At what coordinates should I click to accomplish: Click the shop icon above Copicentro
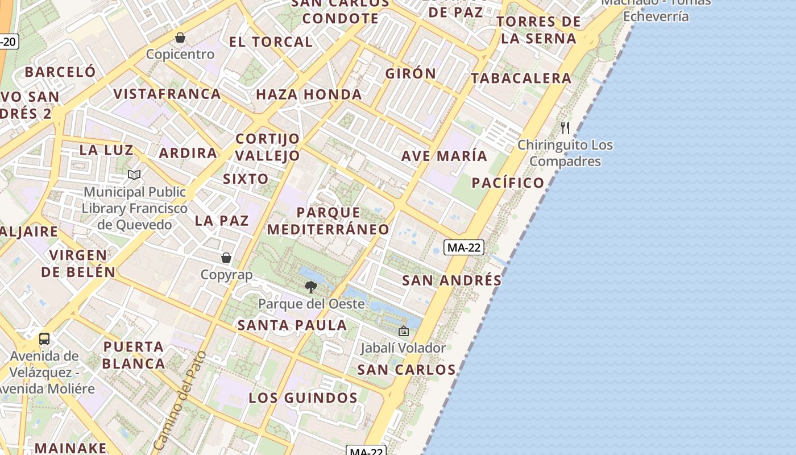pos(180,38)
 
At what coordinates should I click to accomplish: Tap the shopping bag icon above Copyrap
pos(226,258)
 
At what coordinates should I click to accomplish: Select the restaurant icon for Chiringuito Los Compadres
pos(565,127)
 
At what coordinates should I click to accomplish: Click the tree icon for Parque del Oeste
pos(310,287)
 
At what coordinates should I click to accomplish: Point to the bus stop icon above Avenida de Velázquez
pos(44,339)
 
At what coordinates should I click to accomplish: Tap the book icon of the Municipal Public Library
pos(134,175)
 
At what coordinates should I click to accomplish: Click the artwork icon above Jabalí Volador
pos(404,331)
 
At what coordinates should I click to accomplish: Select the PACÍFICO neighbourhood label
pos(508,183)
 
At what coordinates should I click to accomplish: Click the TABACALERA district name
pos(521,78)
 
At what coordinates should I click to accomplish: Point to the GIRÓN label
pos(411,73)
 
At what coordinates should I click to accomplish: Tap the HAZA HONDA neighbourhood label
pos(309,94)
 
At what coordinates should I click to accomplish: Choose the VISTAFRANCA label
pos(167,94)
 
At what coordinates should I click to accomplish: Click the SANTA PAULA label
pos(292,325)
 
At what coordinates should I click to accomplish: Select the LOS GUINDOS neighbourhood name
pos(303,398)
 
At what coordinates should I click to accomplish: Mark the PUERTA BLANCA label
pos(134,355)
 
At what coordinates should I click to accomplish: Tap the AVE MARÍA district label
pos(445,156)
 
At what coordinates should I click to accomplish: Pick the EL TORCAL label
pos(271,42)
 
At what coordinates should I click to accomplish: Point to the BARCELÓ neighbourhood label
pos(60,72)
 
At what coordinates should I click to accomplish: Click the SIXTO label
pos(246,179)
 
